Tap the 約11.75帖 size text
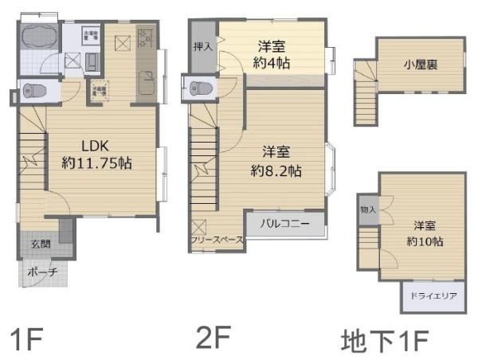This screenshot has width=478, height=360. pos(97,162)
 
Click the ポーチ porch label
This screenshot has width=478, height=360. pos(42,272)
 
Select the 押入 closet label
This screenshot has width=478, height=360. pos(203,47)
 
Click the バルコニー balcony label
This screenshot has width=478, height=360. pos(284,224)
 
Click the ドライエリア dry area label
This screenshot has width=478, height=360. pos(432,296)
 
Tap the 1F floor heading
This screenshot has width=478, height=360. pos(26,339)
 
